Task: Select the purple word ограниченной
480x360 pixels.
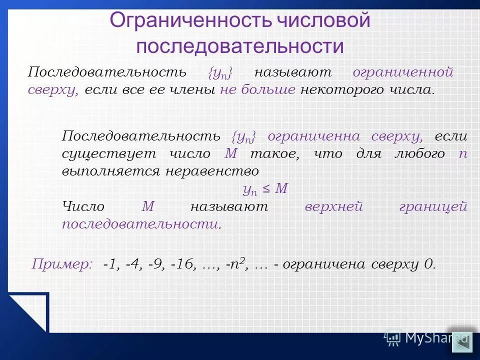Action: (403, 72)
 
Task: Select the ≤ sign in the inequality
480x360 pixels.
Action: (267, 189)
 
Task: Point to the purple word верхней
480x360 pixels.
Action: (333, 206)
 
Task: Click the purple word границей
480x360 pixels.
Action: (433, 206)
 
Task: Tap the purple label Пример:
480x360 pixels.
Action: (62, 264)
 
